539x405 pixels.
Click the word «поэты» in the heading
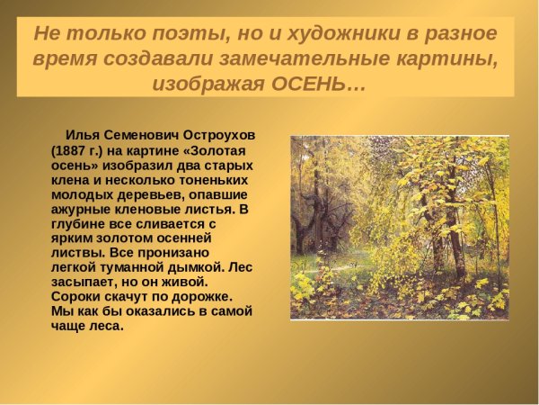(x=180, y=34)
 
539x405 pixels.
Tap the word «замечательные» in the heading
(x=311, y=58)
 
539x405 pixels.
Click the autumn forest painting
(x=399, y=227)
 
